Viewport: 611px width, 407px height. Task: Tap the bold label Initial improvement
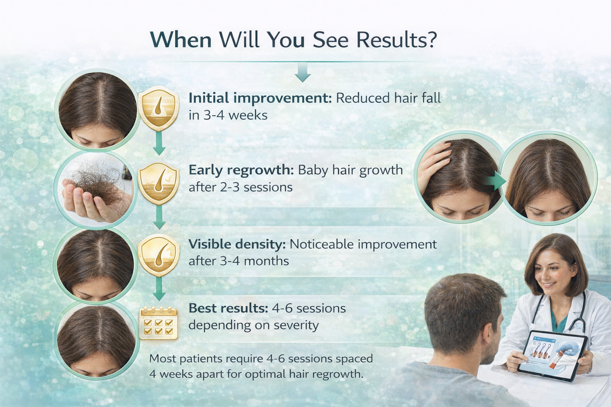coord(259,98)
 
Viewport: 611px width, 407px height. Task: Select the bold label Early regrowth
coord(241,170)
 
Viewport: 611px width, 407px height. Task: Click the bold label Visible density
coord(237,244)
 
